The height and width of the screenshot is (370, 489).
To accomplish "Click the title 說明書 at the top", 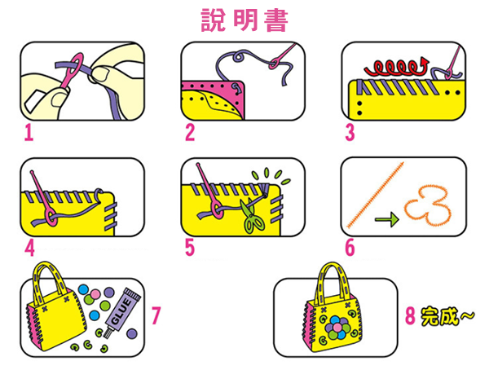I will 244,20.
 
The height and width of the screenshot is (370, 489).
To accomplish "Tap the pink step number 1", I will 29,131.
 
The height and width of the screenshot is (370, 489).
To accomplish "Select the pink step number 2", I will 190,131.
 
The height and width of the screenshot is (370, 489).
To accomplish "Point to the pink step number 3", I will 349,131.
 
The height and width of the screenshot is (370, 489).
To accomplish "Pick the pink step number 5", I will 190,245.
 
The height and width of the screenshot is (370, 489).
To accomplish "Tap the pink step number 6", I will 349,245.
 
